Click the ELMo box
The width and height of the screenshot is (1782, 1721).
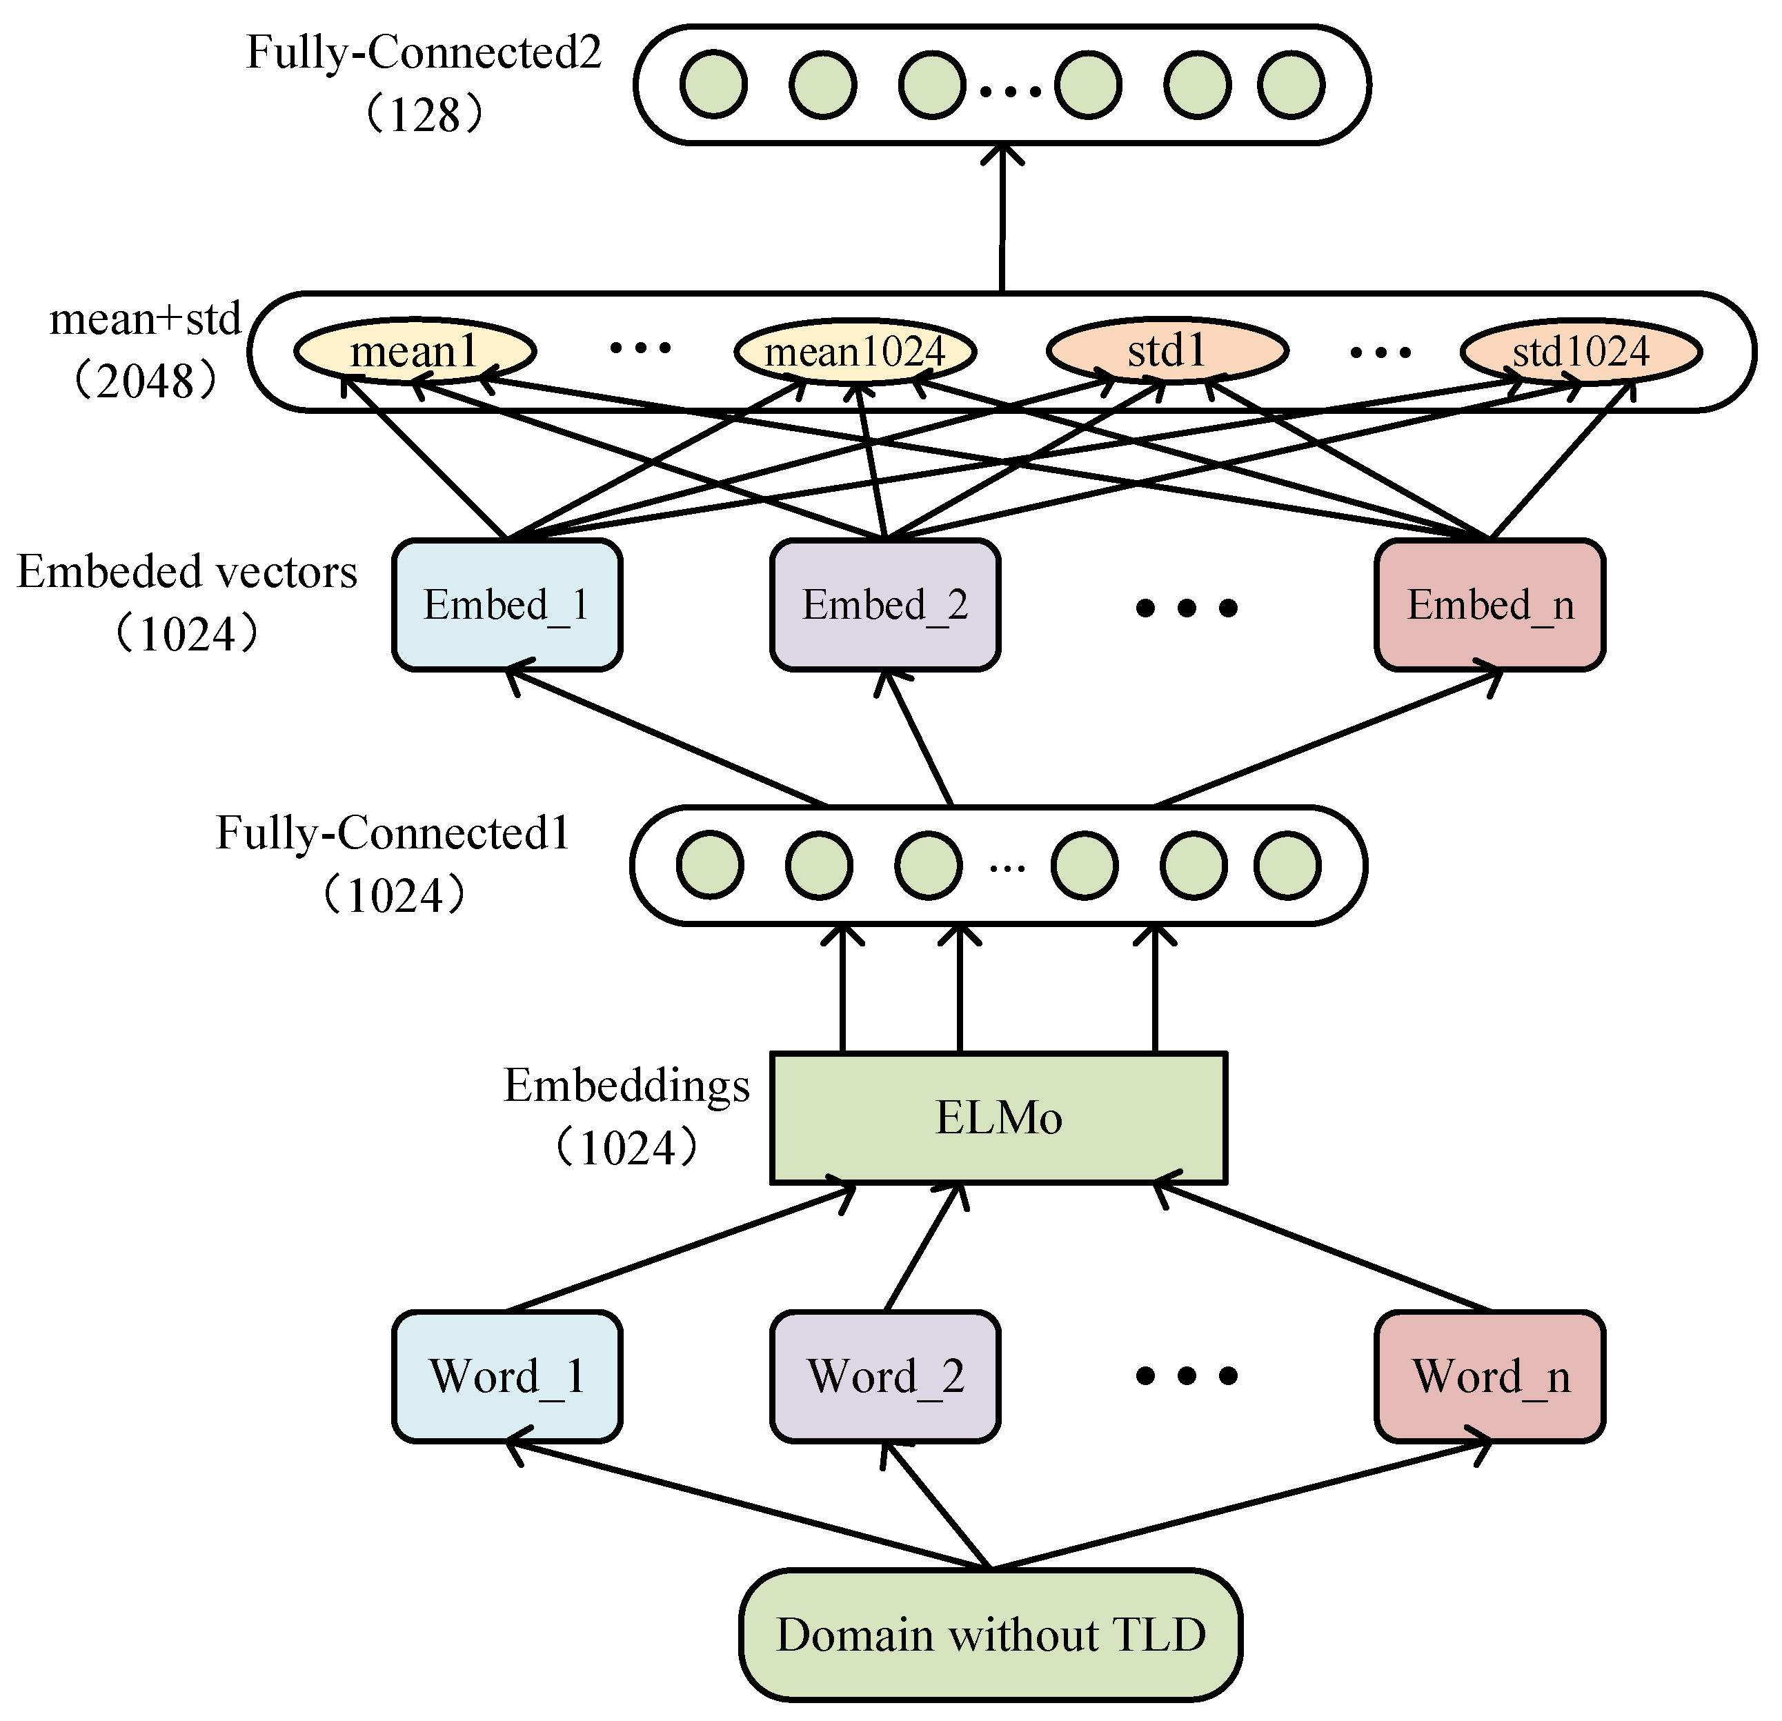[998, 1117]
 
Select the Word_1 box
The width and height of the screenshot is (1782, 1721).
[507, 1375]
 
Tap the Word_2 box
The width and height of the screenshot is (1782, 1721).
[884, 1375]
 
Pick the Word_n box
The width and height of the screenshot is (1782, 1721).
[1489, 1375]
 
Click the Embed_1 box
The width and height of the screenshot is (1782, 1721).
[507, 604]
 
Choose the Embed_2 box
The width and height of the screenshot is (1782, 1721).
[884, 604]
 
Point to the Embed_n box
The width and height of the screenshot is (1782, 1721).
[1489, 604]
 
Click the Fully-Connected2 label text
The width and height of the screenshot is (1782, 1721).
[424, 52]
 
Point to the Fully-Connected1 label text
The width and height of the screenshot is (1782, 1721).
[393, 833]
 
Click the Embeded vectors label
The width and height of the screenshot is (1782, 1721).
[187, 573]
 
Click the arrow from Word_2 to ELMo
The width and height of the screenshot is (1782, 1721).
[922, 1247]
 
